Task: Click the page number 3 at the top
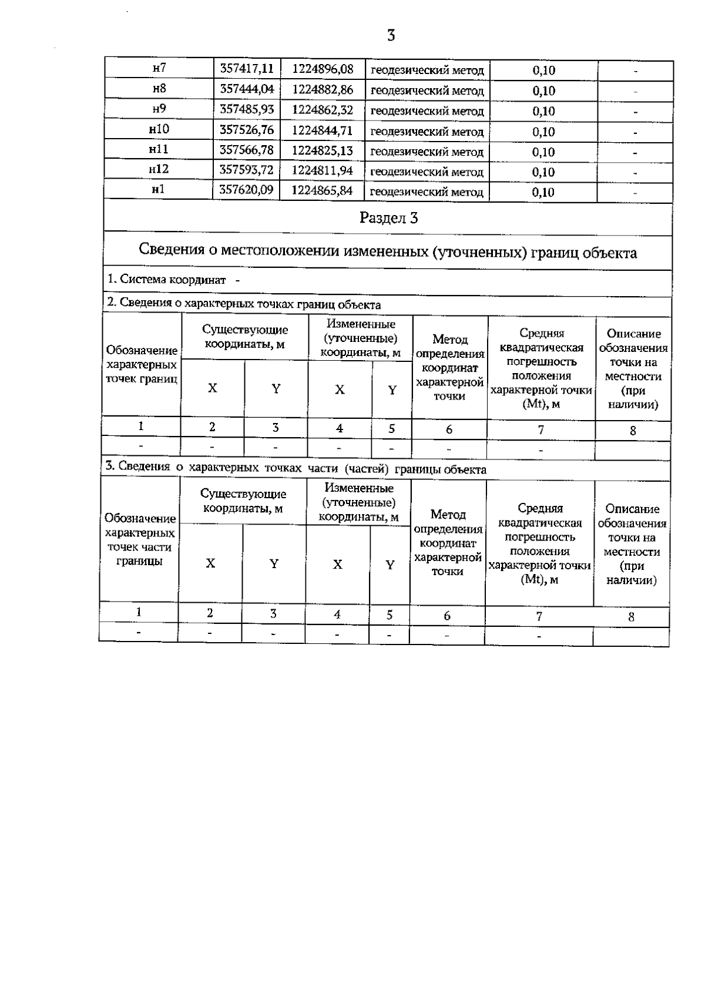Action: click(391, 36)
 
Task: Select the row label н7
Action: click(159, 68)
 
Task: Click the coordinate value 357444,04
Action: click(247, 89)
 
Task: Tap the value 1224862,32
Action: click(323, 110)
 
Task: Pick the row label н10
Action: click(159, 129)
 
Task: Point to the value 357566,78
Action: click(247, 150)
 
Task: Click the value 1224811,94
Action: click(323, 171)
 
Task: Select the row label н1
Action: click(159, 190)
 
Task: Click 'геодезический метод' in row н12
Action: click(427, 172)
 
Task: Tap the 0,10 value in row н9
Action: click(543, 111)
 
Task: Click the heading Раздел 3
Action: click(388, 218)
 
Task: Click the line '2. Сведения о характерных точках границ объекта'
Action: click(244, 304)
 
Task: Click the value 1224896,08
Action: click(323, 69)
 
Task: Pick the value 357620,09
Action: click(247, 190)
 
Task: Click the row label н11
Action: click(159, 149)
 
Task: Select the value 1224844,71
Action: click(323, 130)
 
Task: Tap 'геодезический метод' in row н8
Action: click(427, 91)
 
